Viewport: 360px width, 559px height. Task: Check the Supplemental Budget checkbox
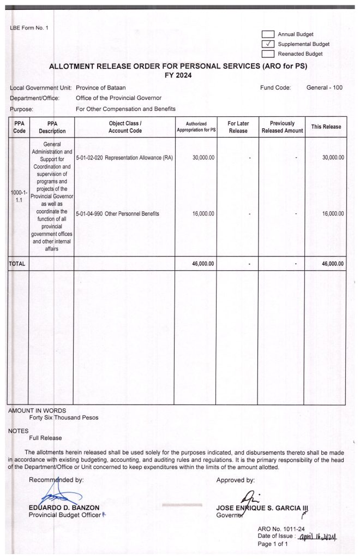tap(268, 44)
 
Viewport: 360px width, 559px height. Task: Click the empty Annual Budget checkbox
tap(268, 34)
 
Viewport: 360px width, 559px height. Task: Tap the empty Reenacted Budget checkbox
tap(268, 54)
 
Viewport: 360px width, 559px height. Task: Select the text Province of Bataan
tap(101, 87)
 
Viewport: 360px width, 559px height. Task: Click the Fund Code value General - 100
tap(325, 87)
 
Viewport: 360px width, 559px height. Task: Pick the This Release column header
tap(326, 127)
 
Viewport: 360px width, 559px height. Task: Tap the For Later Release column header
tap(238, 127)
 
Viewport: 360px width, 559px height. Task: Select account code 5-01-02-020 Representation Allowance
tap(125, 158)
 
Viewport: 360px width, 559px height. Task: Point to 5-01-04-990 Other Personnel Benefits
tap(118, 214)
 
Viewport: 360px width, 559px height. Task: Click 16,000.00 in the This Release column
tap(333, 214)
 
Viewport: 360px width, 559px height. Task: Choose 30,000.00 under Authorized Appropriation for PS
tap(203, 158)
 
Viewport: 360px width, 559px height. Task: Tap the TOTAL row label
tap(17, 264)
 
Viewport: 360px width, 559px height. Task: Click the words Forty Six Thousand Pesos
tap(64, 418)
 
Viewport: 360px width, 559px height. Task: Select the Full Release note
tap(45, 438)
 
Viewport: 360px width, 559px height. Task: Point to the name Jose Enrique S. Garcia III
tap(262, 508)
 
